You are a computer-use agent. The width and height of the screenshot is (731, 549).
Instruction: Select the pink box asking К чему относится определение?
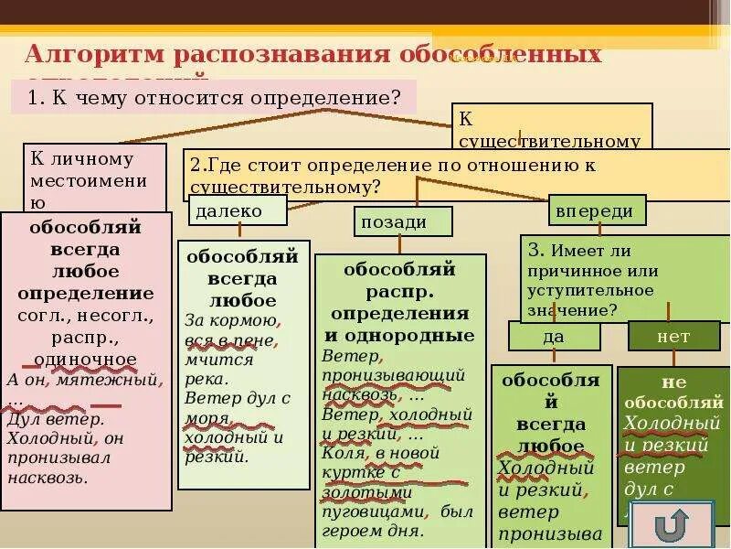214,97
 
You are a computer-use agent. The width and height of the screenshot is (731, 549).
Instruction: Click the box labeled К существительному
551,128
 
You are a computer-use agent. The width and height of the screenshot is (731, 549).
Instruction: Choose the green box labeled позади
403,221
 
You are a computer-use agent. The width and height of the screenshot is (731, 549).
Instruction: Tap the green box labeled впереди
599,210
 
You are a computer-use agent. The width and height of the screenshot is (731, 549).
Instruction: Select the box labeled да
554,337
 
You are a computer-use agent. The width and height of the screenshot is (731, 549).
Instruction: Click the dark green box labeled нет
673,337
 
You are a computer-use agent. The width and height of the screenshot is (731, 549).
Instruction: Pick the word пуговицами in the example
373,512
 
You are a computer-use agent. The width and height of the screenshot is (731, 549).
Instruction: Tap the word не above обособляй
673,382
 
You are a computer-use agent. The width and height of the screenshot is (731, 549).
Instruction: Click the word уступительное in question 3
590,290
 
